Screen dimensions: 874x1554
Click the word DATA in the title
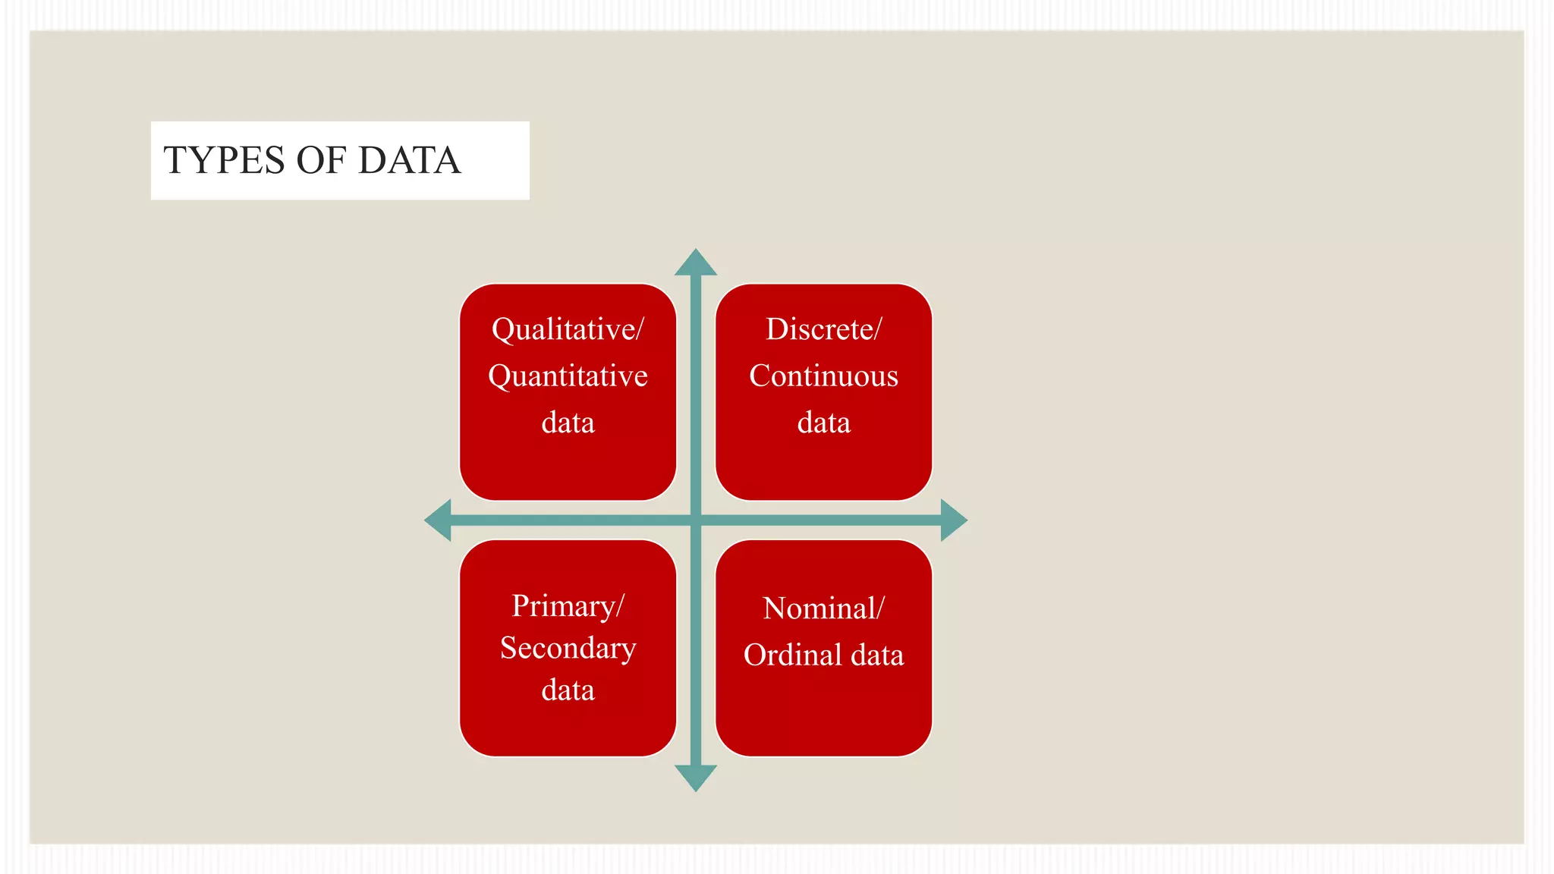409,161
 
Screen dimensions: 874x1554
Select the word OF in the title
321,161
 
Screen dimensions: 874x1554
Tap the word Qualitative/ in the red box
568,330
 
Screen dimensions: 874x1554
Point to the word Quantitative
568,376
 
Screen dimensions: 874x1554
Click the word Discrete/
823,329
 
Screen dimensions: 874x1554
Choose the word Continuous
823,376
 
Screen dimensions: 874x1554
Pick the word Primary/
568,606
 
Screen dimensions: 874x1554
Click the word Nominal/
823,608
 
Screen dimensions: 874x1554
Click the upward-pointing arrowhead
696,263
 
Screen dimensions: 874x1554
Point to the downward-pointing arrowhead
696,778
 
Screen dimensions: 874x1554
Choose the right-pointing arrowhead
953,520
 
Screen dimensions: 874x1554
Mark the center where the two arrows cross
696,520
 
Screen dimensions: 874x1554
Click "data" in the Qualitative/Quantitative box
568,423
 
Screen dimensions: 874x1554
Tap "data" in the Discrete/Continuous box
823,423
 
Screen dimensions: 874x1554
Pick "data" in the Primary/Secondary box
568,690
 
